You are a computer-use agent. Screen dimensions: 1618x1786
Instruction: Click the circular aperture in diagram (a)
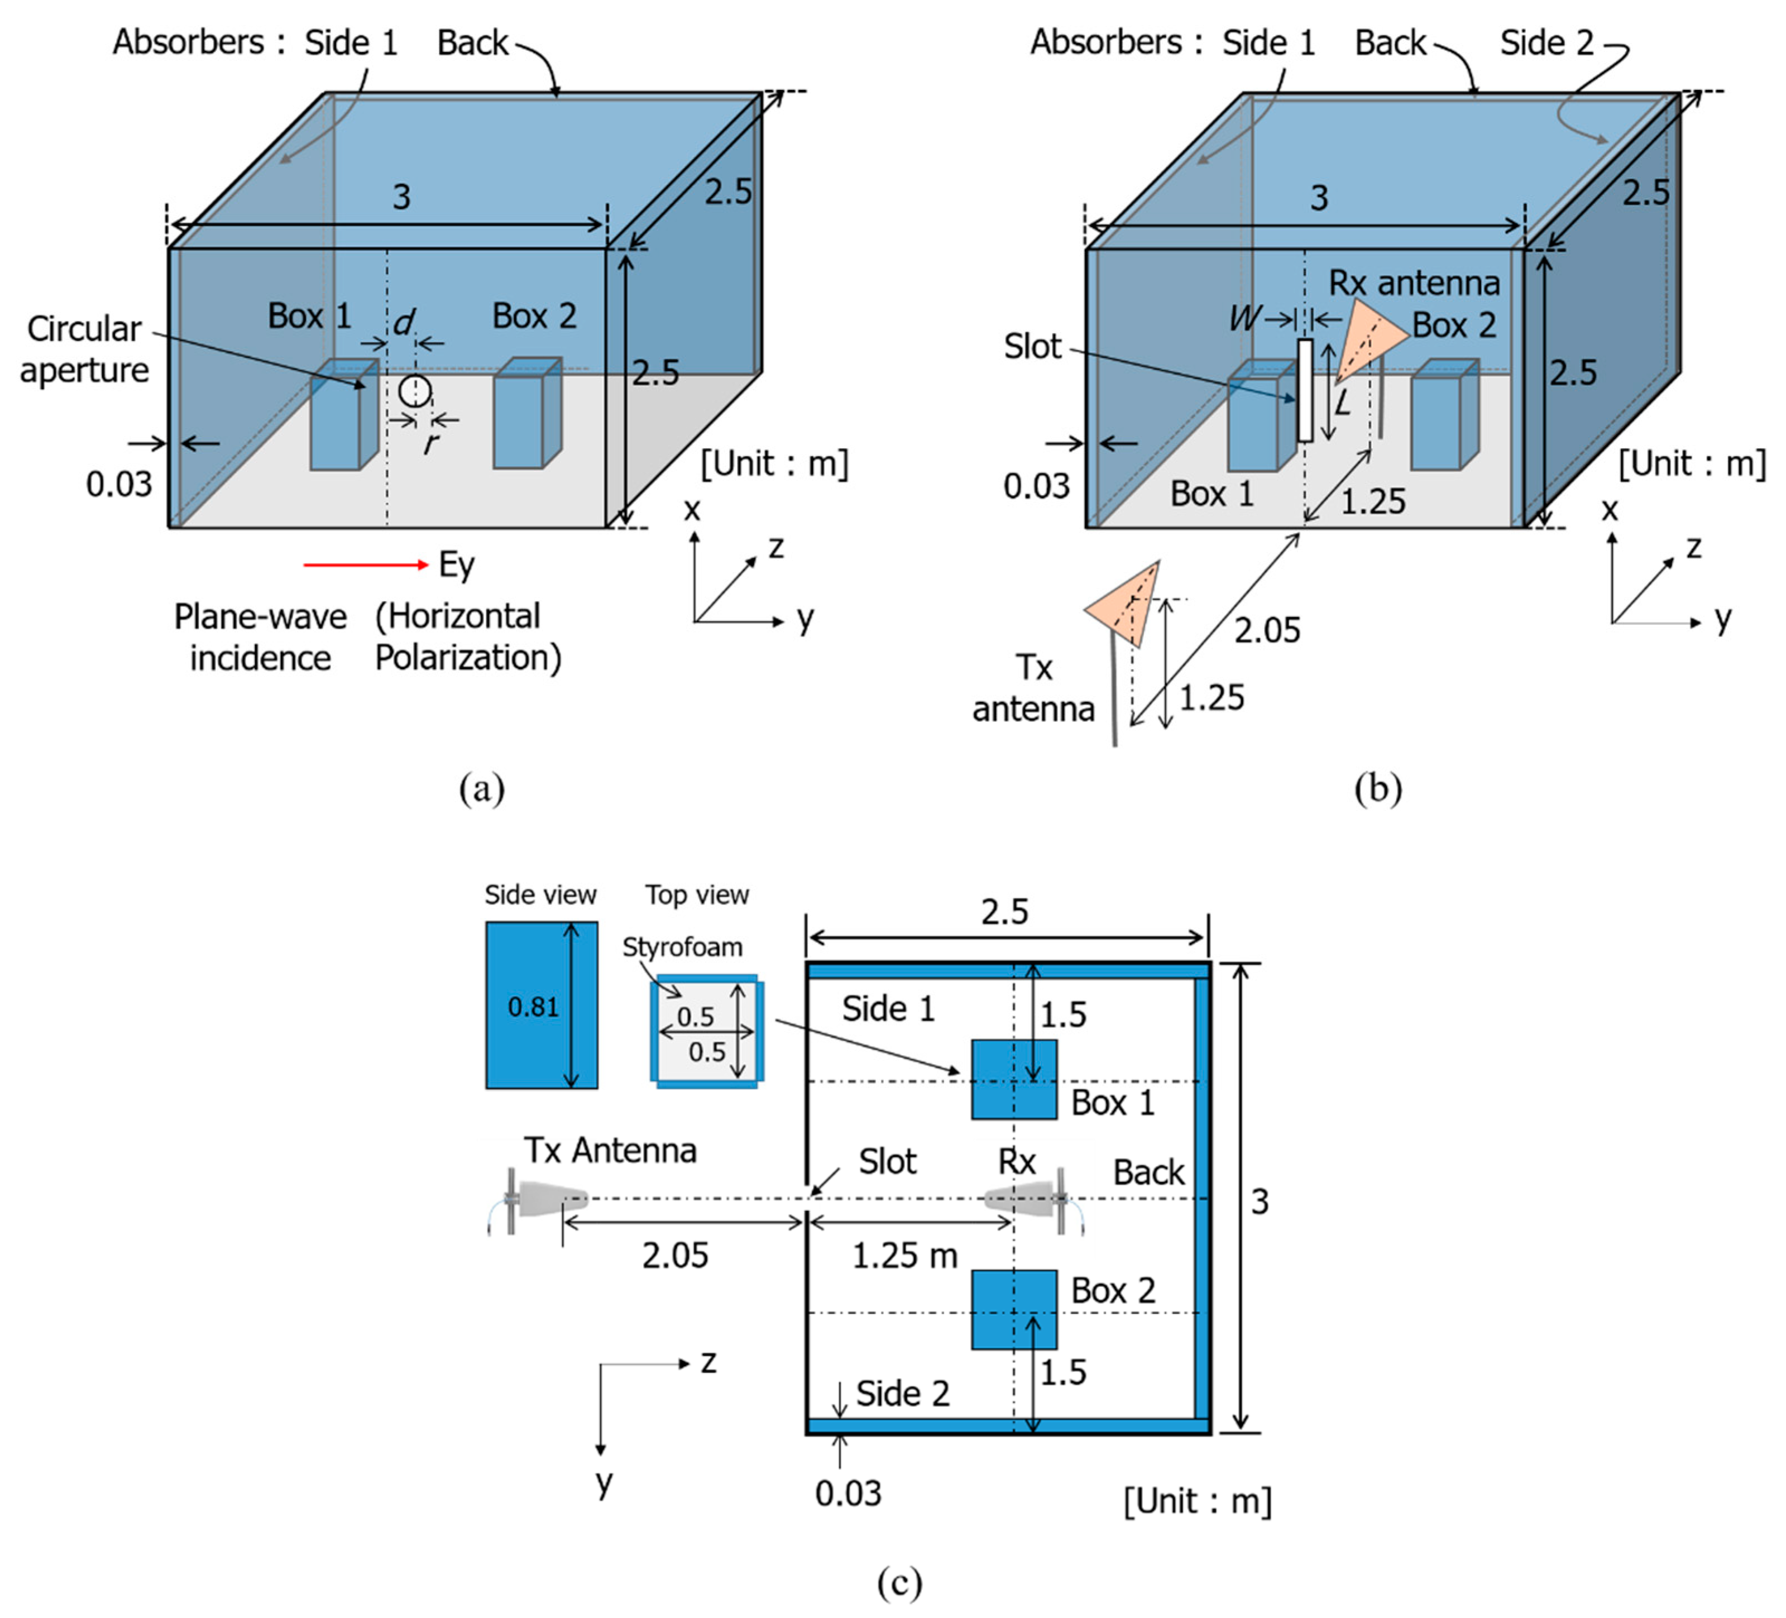(x=414, y=391)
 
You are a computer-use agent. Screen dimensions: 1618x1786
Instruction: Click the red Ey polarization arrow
(x=365, y=564)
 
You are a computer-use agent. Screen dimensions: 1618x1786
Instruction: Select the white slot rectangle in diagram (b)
(x=1305, y=390)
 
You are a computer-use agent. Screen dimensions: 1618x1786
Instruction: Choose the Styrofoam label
(x=682, y=947)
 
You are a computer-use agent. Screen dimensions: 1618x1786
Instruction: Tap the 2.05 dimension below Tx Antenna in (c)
(x=675, y=1256)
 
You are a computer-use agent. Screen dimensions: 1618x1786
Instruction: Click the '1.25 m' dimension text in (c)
(x=904, y=1256)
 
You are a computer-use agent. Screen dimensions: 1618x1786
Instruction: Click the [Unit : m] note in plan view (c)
(x=1198, y=1501)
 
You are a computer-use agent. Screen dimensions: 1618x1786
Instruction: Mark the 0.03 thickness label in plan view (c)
(x=848, y=1494)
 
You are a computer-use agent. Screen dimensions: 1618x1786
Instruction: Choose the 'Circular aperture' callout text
(x=84, y=349)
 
